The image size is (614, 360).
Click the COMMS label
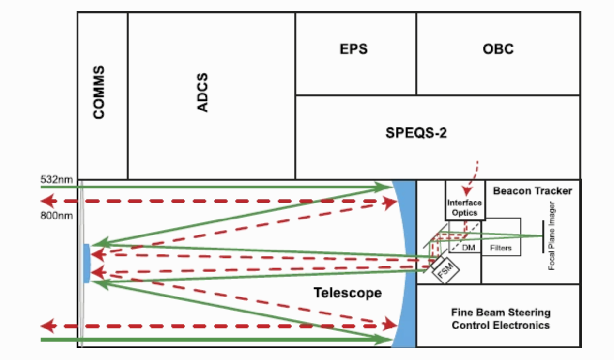[x=99, y=93]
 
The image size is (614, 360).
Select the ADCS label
[x=203, y=93]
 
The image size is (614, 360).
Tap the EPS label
[x=353, y=49]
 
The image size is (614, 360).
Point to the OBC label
[x=498, y=49]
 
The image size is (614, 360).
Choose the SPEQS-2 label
[x=416, y=132]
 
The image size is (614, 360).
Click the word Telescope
[x=347, y=293]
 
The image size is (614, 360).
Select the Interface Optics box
[x=465, y=207]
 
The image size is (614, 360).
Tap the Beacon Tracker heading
[x=532, y=191]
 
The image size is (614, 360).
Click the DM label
[x=469, y=248]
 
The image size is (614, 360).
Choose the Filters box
[x=501, y=248]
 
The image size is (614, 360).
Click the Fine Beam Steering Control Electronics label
[x=500, y=318]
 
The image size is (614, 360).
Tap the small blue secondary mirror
[x=87, y=263]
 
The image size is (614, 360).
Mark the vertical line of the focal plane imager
[x=542, y=236]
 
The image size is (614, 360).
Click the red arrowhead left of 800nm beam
[x=46, y=201]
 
